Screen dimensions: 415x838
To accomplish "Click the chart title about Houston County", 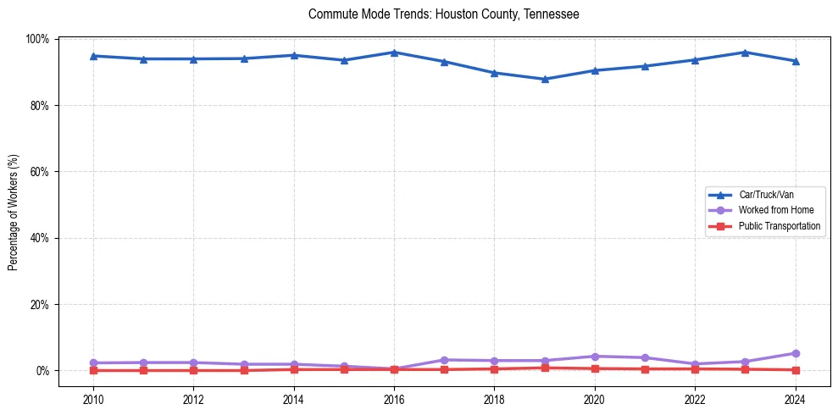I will click(443, 14).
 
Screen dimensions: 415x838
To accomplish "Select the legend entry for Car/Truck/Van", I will click(766, 195).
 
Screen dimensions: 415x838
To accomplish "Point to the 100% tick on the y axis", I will click(38, 39).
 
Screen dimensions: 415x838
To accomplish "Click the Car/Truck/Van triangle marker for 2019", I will click(545, 80).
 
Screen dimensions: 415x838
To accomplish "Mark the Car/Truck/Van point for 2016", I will click(394, 53).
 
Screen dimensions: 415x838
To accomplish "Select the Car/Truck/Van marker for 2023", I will click(745, 53).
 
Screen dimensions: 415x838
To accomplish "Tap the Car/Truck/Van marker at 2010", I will click(93, 56).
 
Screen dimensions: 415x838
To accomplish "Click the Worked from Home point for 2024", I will click(795, 353).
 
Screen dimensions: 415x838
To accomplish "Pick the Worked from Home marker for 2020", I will click(595, 357).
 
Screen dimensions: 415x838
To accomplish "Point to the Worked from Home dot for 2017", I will click(444, 360).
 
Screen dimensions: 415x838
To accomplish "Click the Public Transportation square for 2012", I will click(193, 370).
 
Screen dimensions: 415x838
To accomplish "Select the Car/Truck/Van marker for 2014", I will click(294, 55).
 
